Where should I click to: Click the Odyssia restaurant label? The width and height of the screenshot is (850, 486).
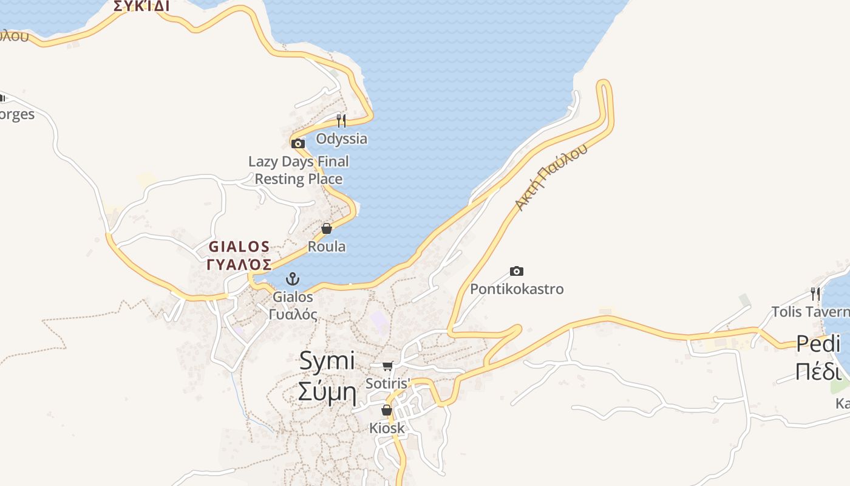[x=341, y=139]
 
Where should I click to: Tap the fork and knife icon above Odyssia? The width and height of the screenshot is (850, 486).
[x=341, y=120]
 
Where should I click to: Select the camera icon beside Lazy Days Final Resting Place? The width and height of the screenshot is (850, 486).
[x=297, y=144]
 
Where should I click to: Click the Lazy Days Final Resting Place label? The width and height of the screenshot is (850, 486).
[x=299, y=170]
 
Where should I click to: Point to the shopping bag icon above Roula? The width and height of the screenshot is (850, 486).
[x=327, y=228]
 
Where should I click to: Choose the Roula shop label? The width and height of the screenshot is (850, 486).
[x=327, y=247]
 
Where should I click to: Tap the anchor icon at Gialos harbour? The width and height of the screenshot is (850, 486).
[x=293, y=279]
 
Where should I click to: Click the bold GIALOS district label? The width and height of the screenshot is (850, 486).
[x=239, y=247]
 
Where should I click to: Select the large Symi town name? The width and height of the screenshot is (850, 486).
[x=327, y=361]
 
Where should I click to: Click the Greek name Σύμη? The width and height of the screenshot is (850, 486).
[x=327, y=393]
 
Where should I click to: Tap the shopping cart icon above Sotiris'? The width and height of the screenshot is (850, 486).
[x=388, y=366]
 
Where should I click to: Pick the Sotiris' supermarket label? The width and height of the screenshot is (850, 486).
[x=388, y=383]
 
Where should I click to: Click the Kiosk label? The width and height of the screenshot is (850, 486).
[x=387, y=428]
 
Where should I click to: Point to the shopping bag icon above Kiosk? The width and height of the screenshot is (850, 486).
[x=387, y=410]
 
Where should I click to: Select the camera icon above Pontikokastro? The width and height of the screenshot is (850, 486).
[x=517, y=271]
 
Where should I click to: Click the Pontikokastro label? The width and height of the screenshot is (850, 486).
[x=517, y=289]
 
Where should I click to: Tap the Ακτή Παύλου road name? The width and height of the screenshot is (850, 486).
[x=551, y=177]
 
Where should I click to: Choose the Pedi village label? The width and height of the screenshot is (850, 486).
[x=818, y=344]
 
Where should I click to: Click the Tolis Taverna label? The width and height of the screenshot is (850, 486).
[x=810, y=312]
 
